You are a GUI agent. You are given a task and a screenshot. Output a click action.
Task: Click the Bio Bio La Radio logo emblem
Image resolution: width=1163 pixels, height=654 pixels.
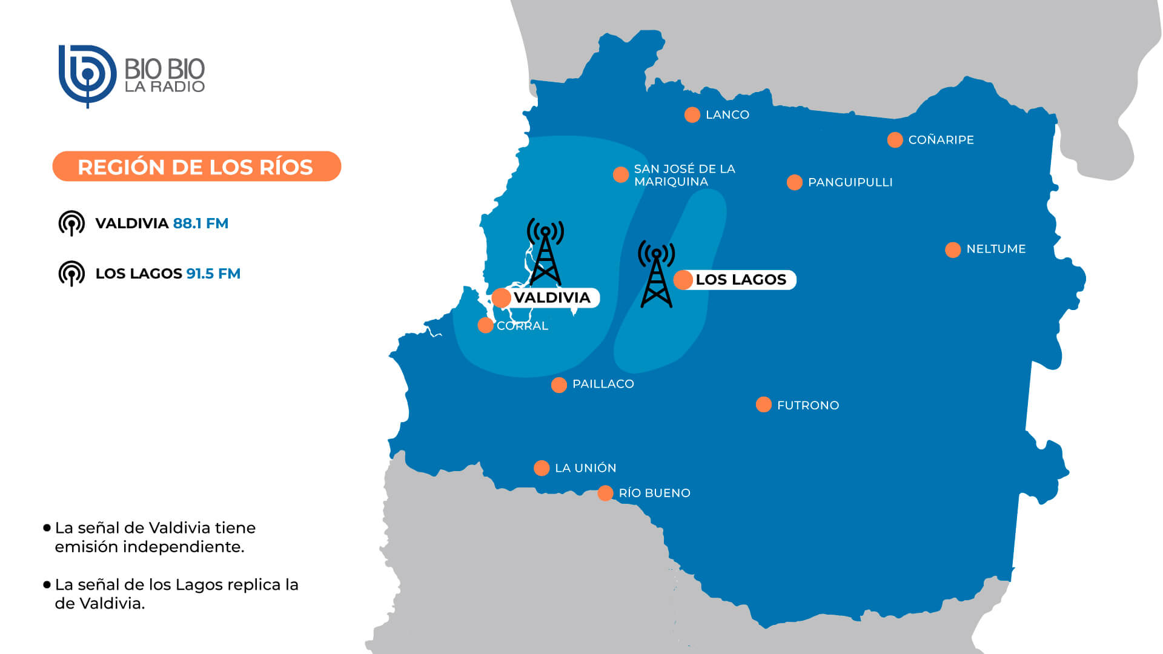87,75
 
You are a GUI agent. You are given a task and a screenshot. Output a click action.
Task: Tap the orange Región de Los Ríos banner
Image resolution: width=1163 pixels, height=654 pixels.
196,167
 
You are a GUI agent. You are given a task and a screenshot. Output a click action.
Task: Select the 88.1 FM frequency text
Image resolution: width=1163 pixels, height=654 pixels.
200,223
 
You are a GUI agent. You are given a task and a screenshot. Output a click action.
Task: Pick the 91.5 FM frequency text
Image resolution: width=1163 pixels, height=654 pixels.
213,274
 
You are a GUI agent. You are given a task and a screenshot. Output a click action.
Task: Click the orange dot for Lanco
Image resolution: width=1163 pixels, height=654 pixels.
692,114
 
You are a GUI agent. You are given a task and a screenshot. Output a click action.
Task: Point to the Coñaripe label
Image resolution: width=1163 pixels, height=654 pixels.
941,140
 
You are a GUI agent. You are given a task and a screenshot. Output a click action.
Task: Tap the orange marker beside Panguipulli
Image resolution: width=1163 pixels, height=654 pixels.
794,182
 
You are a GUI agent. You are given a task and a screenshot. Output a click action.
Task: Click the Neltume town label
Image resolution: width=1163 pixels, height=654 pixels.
996,249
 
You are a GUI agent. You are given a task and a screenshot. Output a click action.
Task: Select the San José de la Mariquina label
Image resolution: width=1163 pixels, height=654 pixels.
684,175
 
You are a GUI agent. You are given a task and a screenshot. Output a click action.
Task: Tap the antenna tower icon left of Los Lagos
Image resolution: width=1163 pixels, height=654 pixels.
656,274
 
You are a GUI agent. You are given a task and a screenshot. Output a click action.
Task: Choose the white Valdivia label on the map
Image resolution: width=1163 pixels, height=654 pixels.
551,297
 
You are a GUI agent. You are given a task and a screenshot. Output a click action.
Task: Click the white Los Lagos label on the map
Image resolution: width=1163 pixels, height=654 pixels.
740,280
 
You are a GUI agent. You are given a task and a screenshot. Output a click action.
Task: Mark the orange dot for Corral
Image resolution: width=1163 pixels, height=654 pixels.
485,325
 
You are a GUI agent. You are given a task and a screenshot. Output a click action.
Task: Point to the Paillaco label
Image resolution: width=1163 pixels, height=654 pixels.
603,384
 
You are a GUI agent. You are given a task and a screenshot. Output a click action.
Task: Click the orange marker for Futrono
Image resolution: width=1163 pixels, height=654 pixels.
763,405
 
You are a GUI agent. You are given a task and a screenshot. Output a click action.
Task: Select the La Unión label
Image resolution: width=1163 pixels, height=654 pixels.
585,468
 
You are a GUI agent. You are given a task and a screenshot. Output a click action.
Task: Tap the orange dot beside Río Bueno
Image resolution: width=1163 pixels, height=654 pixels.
605,493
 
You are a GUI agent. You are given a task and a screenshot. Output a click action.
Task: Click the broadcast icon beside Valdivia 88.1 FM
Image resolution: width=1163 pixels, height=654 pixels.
71,223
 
